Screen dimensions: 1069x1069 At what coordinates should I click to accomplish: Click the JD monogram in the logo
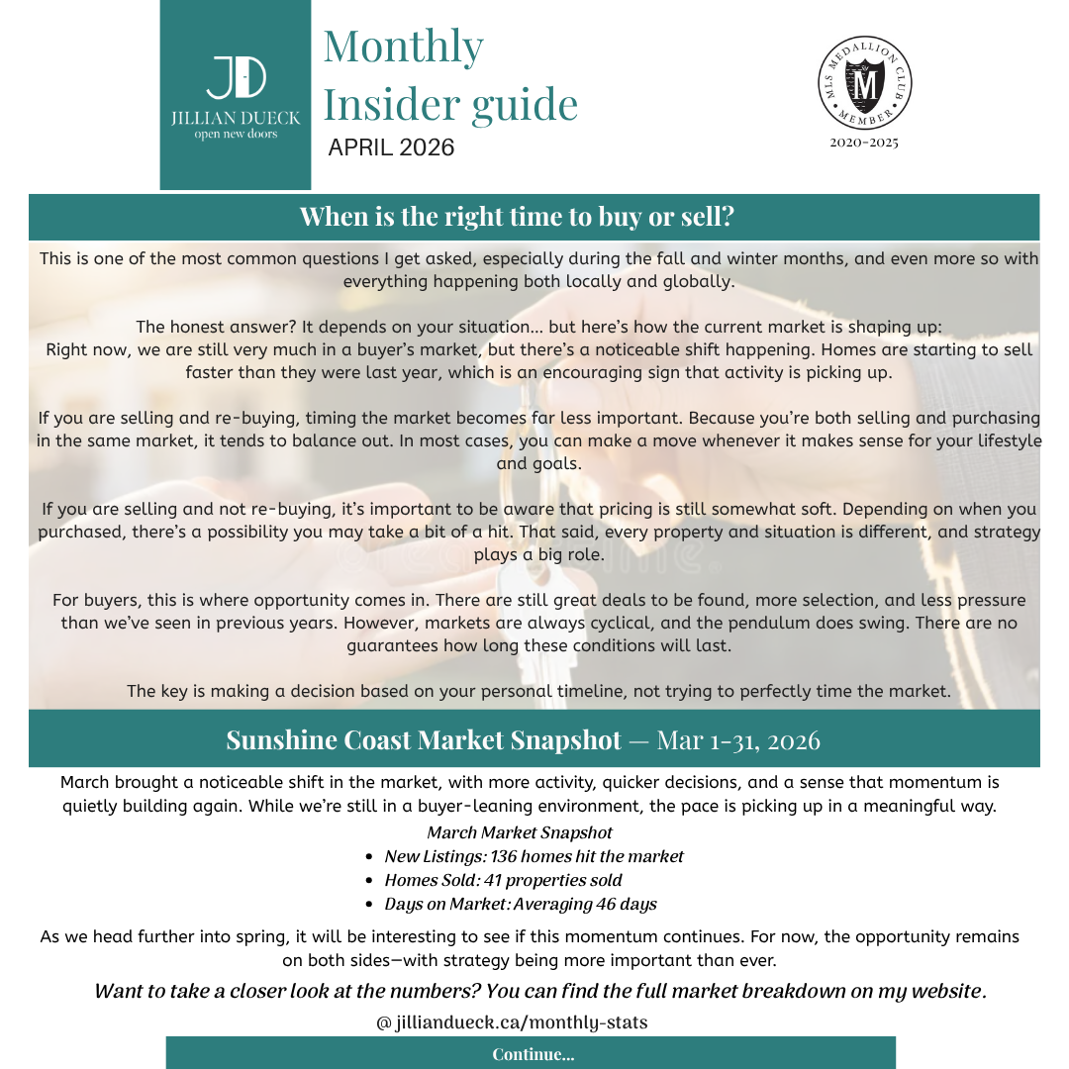pyautogui.click(x=236, y=77)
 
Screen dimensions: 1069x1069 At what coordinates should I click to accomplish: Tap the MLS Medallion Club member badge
pyautogui.click(x=865, y=85)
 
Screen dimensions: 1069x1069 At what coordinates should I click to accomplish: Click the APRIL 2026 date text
pyautogui.click(x=391, y=147)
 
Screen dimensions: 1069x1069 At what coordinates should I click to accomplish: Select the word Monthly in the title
pyautogui.click(x=403, y=47)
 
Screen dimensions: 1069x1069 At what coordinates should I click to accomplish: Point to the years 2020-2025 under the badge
pyautogui.click(x=864, y=143)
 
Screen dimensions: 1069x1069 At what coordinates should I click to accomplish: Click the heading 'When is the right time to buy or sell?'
pyautogui.click(x=517, y=217)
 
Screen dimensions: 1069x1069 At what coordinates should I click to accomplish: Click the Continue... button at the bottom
pyautogui.click(x=533, y=1053)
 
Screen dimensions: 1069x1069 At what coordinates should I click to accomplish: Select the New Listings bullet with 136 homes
pyautogui.click(x=534, y=856)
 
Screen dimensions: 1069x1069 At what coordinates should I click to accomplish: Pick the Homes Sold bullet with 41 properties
pyautogui.click(x=503, y=880)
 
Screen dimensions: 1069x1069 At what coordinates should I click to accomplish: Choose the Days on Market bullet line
pyautogui.click(x=520, y=904)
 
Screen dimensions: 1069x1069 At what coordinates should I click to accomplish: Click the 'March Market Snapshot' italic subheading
pyautogui.click(x=520, y=832)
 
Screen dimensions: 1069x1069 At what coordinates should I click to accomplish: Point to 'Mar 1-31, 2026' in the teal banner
pyautogui.click(x=738, y=740)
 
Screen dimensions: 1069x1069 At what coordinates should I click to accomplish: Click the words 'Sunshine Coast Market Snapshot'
pyautogui.click(x=424, y=740)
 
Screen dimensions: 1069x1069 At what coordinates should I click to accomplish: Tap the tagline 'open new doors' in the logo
pyautogui.click(x=236, y=135)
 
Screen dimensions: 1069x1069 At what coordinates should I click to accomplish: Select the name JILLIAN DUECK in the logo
pyautogui.click(x=236, y=118)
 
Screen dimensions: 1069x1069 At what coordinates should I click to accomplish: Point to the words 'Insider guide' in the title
pyautogui.click(x=450, y=103)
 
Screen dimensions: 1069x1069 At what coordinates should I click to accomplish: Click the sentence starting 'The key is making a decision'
pyautogui.click(x=538, y=691)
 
